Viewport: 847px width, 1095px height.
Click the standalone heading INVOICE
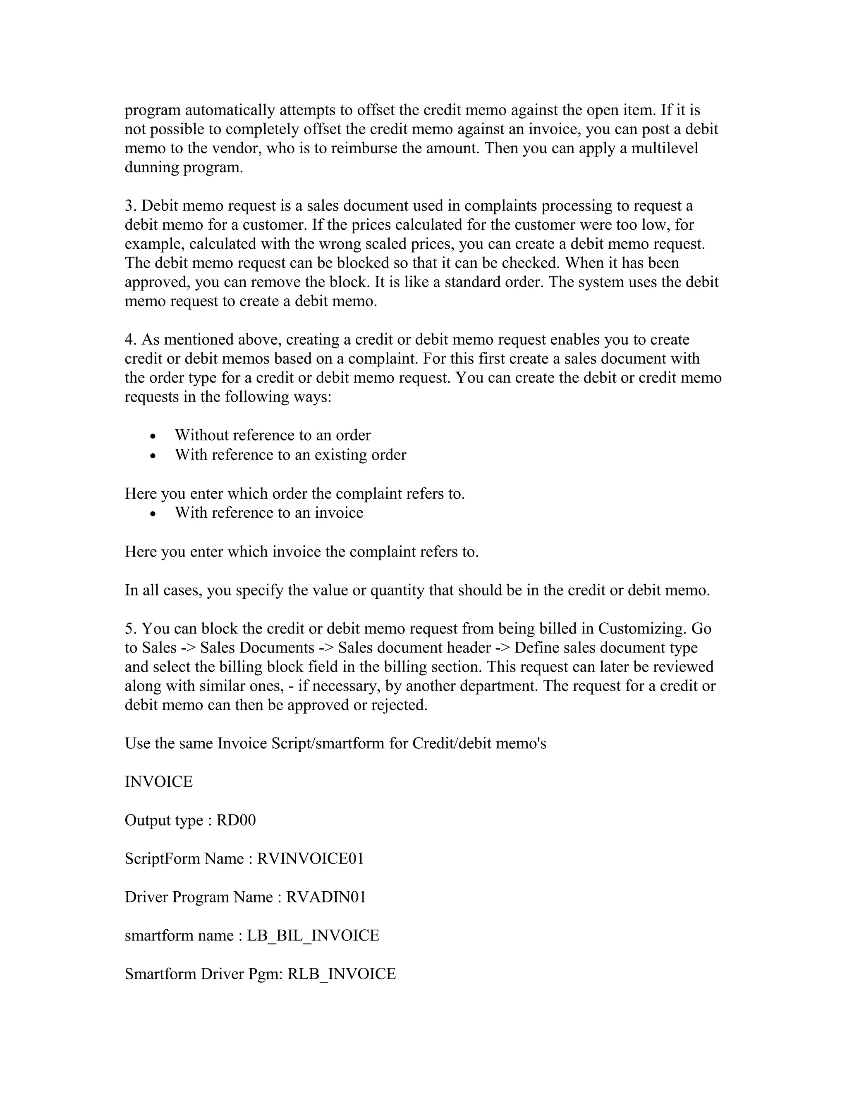[x=158, y=782]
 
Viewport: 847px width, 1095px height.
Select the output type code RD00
[x=236, y=820]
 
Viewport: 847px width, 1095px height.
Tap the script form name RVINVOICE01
[x=310, y=858]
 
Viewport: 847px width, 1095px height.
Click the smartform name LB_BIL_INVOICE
[x=313, y=936]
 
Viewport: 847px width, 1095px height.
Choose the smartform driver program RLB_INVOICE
[x=341, y=974]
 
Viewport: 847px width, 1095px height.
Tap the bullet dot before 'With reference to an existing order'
[x=153, y=456]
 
